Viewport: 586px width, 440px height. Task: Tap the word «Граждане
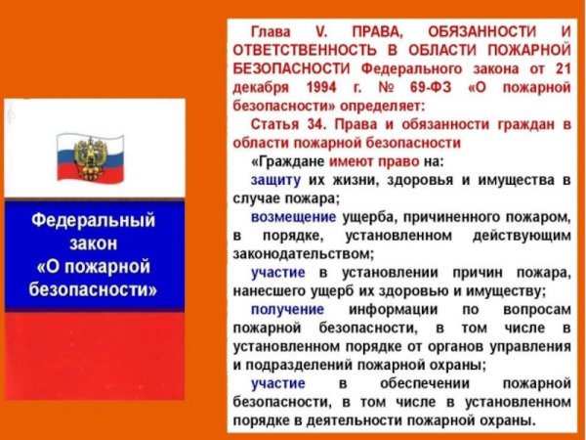tap(284, 160)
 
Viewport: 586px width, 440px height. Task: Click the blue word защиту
tap(276, 181)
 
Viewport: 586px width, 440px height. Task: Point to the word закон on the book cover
tap(94, 243)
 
